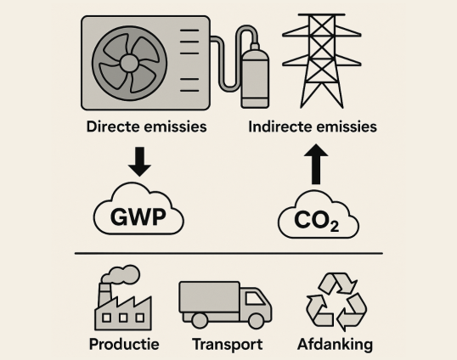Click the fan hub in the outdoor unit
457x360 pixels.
[x=129, y=63]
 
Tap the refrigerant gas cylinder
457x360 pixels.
[x=255, y=76]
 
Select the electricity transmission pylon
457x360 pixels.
[x=322, y=61]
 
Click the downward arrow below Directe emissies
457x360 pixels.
[x=139, y=161]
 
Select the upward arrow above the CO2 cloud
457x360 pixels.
[x=316, y=164]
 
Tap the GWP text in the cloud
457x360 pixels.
[x=138, y=217]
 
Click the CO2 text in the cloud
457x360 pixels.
[x=317, y=221]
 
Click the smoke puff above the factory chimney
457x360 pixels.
[x=121, y=274]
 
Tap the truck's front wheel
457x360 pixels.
[x=257, y=321]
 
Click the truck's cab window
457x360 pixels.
[x=255, y=299]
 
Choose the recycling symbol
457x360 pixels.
[x=336, y=301]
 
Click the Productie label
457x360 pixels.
[x=124, y=344]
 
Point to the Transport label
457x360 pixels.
[x=228, y=345]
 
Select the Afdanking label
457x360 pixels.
[x=336, y=345]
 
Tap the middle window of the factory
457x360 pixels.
[x=123, y=318]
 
